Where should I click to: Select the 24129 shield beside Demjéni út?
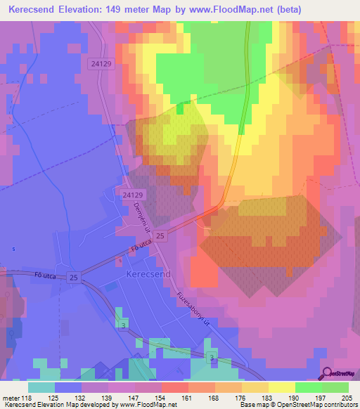click(132, 195)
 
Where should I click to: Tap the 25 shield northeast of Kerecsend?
click(161, 235)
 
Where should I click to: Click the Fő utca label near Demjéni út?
click(141, 247)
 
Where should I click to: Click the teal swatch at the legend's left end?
click(41, 387)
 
